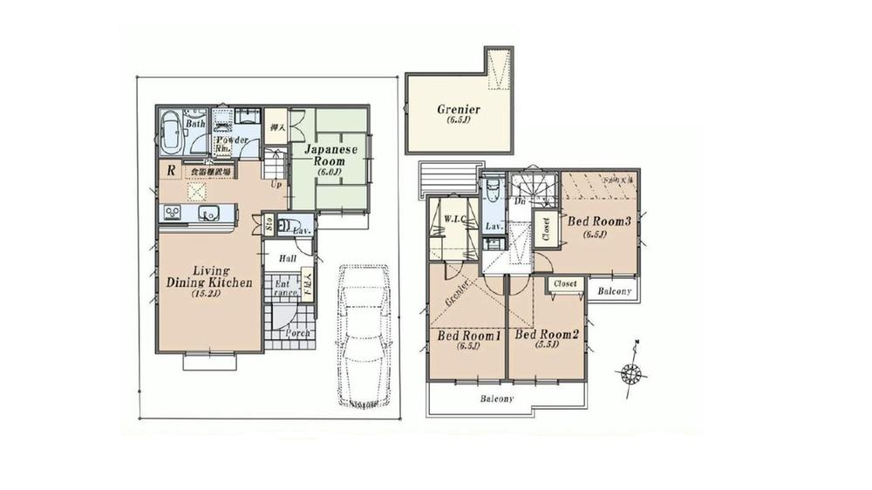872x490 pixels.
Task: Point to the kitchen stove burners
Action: (169, 212)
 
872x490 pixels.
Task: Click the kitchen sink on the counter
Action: (208, 212)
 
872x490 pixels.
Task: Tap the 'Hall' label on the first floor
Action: (288, 258)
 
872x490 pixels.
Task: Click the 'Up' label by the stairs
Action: (276, 185)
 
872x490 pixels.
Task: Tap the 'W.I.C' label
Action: (453, 218)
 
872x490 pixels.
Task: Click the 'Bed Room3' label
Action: (601, 221)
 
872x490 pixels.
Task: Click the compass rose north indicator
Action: (630, 373)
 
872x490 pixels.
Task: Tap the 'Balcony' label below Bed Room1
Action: (496, 398)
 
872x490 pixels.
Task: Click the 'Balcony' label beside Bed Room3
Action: (616, 291)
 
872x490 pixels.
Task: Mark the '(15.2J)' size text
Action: (205, 295)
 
